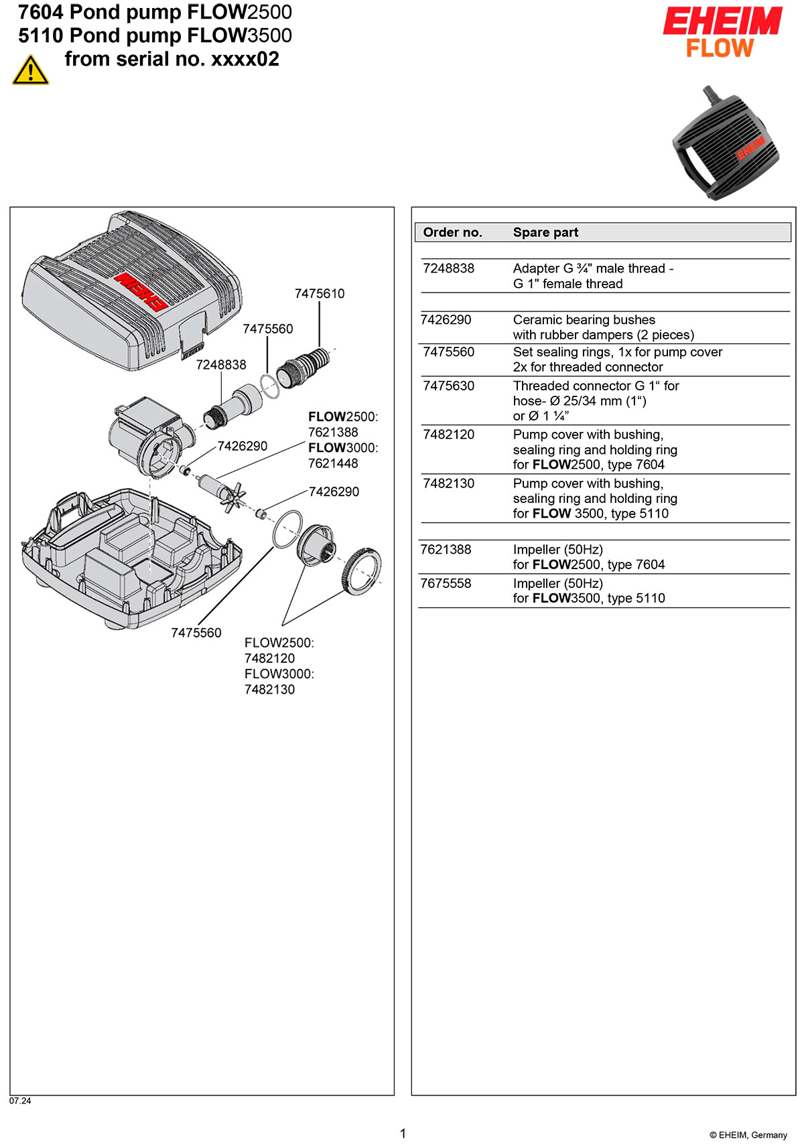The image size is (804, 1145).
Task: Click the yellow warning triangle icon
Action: [x=31, y=70]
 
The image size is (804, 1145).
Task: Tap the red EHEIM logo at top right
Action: [x=722, y=21]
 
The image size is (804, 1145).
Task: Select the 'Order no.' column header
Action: [x=452, y=232]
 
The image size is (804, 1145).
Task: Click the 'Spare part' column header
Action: [x=545, y=232]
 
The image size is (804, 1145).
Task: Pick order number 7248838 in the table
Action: [x=448, y=269]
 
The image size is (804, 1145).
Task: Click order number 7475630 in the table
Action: [x=448, y=386]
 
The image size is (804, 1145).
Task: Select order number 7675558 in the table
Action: [x=446, y=583]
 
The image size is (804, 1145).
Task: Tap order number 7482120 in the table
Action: [x=448, y=435]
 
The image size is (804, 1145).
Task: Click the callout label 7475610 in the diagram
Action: [x=320, y=293]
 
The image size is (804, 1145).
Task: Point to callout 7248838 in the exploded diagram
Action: [x=221, y=365]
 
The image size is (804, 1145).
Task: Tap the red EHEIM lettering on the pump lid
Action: [x=140, y=291]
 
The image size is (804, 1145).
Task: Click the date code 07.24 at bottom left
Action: [x=20, y=1100]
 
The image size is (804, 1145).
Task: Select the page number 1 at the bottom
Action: [x=403, y=1133]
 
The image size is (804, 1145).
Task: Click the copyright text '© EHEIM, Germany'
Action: [x=748, y=1135]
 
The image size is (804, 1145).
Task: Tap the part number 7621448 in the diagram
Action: [x=333, y=463]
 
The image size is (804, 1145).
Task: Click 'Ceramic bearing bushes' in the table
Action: [x=584, y=320]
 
